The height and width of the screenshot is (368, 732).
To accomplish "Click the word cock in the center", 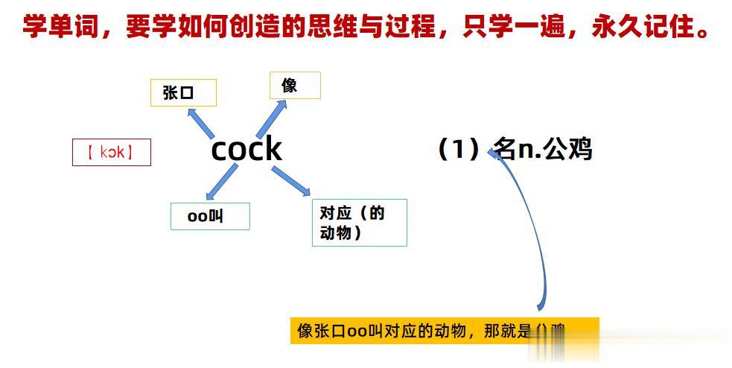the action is [246, 149].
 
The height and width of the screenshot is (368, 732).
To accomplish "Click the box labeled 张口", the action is [183, 93].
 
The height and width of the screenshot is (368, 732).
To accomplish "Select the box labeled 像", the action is [294, 86].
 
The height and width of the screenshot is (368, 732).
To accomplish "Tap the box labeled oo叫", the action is [210, 216].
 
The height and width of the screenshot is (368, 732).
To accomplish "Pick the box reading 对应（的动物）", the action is [358, 223].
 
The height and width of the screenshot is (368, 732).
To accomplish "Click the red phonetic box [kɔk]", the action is [111, 153].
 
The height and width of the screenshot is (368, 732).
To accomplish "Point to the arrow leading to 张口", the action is [200, 121].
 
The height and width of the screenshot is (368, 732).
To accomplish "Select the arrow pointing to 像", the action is [271, 118].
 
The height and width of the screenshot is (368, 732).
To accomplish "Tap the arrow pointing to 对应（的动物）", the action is [290, 181].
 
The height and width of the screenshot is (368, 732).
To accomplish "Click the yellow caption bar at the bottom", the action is [444, 331].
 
